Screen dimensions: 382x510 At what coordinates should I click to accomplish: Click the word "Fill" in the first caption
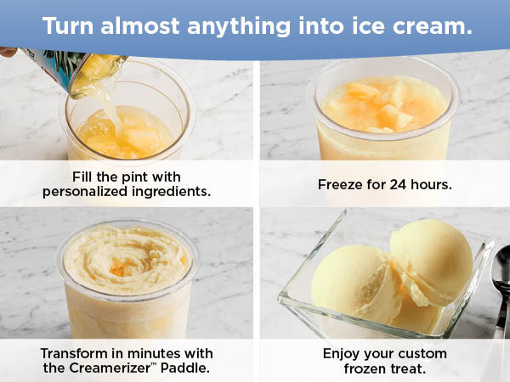[84, 177]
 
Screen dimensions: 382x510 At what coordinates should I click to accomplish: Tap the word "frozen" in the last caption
[368, 368]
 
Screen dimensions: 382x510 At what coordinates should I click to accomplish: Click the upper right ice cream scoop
[430, 260]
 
